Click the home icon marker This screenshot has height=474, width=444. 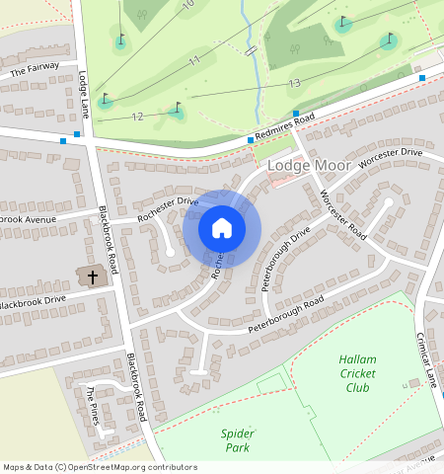coord(222,228)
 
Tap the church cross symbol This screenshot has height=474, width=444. coord(94,277)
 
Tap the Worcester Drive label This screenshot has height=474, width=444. coord(390,158)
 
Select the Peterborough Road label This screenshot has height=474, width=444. coord(285,313)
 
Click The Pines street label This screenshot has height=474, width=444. coord(93,406)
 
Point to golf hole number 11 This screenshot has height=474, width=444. coord(194,61)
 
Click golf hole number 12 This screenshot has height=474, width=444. coord(137,117)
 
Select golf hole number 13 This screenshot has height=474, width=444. coord(294,83)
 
